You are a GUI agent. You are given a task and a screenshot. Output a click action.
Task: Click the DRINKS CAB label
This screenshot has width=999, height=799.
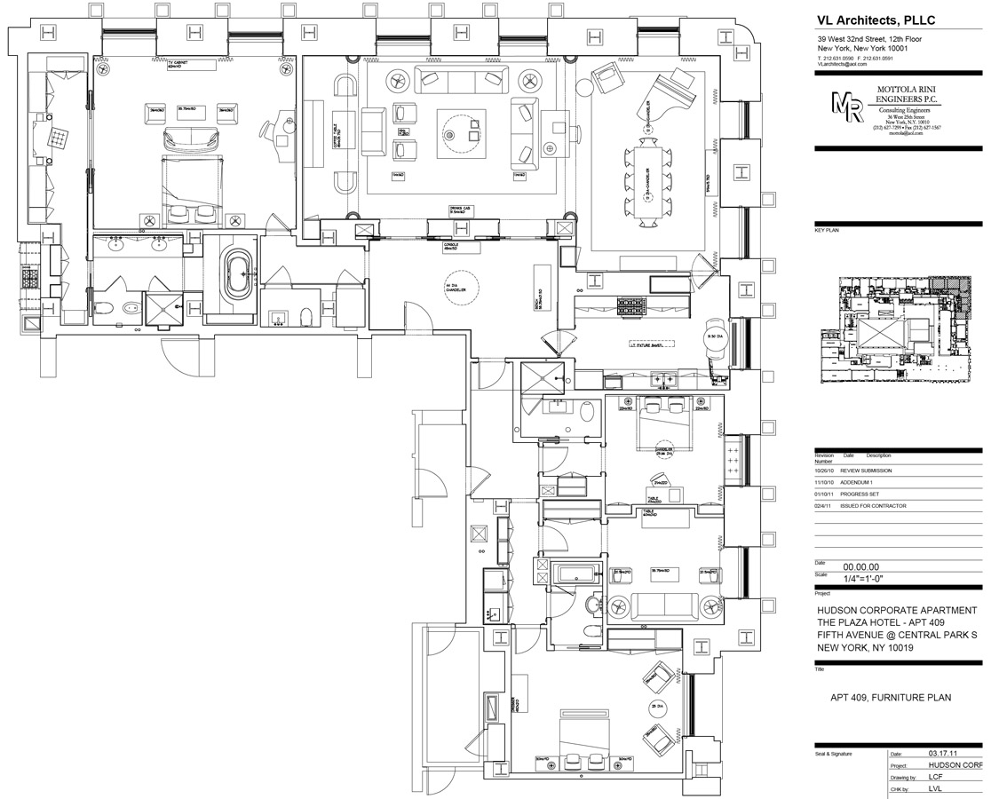(460, 210)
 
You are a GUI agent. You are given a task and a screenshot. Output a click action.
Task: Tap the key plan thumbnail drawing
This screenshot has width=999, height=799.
(900, 329)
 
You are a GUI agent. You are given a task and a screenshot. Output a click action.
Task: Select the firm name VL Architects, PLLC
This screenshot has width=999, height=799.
(876, 20)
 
